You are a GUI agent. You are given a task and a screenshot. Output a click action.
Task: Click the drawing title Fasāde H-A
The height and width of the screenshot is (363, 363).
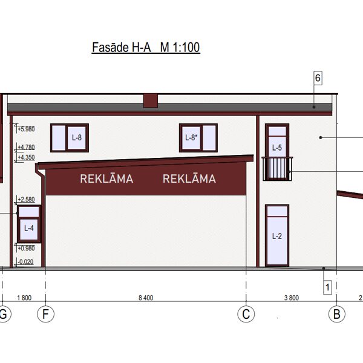click(x=122, y=47)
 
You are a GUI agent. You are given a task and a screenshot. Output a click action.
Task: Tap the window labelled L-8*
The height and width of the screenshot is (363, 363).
click(x=198, y=138)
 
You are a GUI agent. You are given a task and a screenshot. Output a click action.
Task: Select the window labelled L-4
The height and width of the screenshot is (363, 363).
click(x=29, y=224)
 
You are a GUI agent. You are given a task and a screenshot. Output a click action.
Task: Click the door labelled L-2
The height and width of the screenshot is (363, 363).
click(x=277, y=235)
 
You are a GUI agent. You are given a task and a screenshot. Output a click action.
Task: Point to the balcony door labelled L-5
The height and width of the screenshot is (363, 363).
click(x=277, y=140)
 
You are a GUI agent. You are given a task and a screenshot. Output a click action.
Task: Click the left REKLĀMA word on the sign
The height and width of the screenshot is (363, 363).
click(x=106, y=178)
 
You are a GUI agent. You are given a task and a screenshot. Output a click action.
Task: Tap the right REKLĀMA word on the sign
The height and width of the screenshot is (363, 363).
click(x=189, y=178)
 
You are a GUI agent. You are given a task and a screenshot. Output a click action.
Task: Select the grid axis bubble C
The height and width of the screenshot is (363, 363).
click(x=246, y=314)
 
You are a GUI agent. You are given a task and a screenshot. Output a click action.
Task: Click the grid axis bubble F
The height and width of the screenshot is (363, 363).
click(x=45, y=314)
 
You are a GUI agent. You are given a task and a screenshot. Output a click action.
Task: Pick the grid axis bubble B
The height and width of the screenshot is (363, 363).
click(x=337, y=314)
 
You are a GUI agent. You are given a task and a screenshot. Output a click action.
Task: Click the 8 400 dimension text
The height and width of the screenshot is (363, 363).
click(x=146, y=298)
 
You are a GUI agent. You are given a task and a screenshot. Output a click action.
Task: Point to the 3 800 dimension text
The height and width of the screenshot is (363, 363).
click(x=292, y=298)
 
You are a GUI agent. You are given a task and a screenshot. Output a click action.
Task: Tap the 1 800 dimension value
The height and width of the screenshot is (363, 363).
click(x=24, y=298)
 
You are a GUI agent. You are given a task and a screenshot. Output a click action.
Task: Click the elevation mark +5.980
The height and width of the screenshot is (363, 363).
click(x=26, y=129)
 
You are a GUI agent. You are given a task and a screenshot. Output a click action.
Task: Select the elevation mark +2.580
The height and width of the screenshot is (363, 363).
click(x=26, y=199)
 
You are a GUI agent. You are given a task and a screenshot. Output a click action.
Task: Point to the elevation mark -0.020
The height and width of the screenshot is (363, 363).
click(x=25, y=262)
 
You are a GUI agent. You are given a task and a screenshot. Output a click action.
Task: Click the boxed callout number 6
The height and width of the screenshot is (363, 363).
click(x=318, y=78)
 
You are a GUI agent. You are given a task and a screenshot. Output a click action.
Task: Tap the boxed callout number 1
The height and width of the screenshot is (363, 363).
click(x=327, y=287)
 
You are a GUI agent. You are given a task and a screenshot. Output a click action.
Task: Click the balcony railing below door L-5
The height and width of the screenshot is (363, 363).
click(x=277, y=169)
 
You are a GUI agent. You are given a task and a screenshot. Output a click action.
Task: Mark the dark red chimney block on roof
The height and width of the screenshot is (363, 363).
click(x=151, y=101)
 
